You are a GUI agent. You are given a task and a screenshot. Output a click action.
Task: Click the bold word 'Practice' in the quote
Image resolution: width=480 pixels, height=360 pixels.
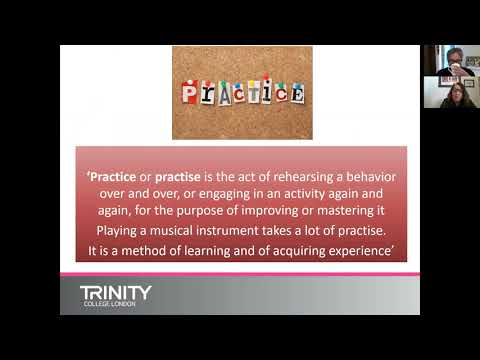[x=113, y=177]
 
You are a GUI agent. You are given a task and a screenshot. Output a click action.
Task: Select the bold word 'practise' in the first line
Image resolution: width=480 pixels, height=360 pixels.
[x=178, y=177]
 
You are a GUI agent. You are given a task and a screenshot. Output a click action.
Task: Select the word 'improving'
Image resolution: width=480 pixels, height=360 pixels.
[x=270, y=211]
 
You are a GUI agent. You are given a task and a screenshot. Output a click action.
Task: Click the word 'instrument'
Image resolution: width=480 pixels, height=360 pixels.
[x=227, y=231]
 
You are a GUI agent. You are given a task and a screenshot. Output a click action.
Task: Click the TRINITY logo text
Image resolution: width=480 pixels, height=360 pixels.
[x=116, y=293]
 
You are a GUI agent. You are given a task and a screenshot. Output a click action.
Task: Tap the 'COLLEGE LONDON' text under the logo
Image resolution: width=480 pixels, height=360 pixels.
[x=110, y=304]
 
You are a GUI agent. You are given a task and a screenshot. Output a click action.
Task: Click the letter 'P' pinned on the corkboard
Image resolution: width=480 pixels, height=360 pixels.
[x=190, y=92]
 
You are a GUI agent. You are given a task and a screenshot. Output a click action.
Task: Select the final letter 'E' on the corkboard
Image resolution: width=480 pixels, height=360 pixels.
[x=297, y=94]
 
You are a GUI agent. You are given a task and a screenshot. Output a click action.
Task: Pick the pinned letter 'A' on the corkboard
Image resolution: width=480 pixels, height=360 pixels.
[x=225, y=95]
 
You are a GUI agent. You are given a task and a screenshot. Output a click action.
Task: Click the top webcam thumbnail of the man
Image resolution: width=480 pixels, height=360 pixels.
[x=452, y=60]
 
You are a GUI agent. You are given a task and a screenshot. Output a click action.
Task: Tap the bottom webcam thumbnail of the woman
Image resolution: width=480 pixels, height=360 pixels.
[x=452, y=92]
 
